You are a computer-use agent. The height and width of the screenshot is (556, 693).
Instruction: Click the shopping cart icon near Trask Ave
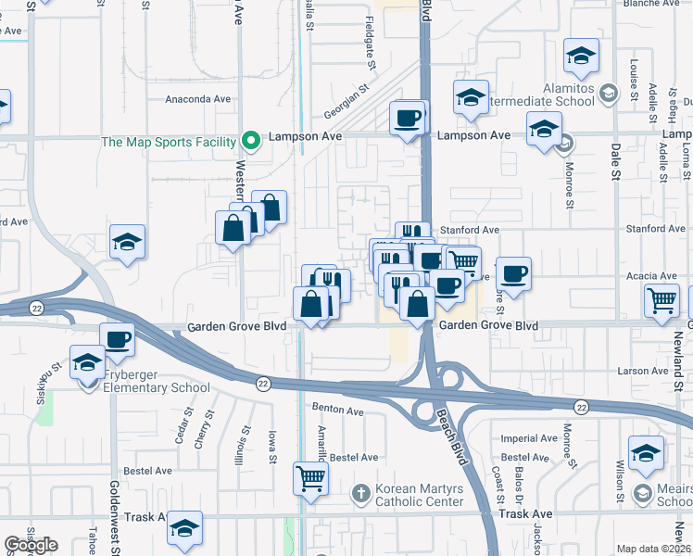(x=310, y=478)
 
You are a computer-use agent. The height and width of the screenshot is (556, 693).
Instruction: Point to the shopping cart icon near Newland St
(x=662, y=300)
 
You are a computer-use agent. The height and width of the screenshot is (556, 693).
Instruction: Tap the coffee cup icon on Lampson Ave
(x=408, y=118)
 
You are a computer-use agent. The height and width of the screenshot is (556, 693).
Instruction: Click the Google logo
(x=31, y=545)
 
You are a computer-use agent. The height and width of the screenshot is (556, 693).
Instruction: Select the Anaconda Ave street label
(x=197, y=99)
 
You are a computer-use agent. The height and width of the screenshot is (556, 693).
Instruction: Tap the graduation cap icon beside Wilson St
(x=646, y=451)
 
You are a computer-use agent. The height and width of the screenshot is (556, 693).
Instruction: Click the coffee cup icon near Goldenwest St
(x=118, y=339)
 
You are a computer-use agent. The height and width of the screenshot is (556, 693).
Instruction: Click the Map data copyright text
(x=654, y=549)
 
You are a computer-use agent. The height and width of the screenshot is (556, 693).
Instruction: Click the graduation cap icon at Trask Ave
(x=185, y=528)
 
